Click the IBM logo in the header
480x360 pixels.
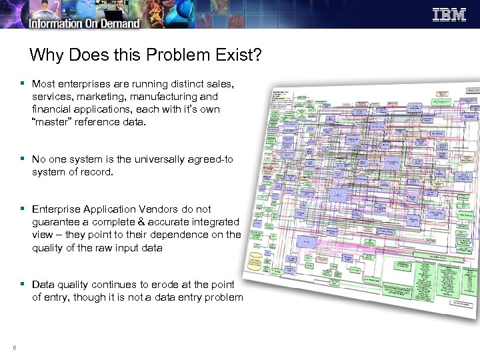(x=449, y=15)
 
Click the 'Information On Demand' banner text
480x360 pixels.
(x=84, y=23)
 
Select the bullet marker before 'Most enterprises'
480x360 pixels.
(x=23, y=84)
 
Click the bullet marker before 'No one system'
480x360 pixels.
(x=23, y=159)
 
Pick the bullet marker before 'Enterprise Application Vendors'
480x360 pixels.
(x=23, y=209)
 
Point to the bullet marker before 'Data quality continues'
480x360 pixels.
(x=23, y=284)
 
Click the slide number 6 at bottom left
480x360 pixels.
(x=13, y=346)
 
